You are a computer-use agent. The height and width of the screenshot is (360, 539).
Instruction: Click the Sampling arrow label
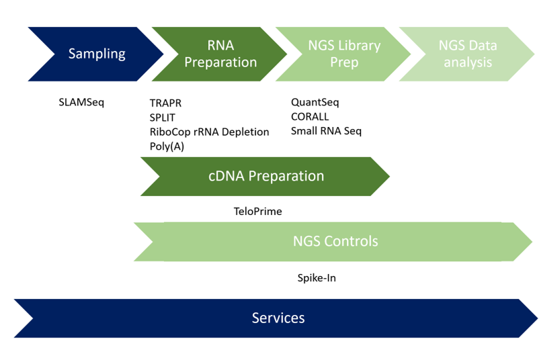(x=97, y=54)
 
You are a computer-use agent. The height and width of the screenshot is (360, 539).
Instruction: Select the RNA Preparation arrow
(x=220, y=54)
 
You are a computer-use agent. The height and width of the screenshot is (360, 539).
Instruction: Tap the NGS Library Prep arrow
(x=344, y=54)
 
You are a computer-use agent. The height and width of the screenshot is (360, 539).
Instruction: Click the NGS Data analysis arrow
(x=468, y=54)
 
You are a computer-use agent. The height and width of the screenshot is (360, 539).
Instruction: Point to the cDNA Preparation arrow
(x=265, y=176)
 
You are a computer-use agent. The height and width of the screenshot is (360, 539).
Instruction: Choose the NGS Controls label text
(x=335, y=241)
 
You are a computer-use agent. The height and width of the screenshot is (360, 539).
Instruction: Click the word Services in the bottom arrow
(x=278, y=318)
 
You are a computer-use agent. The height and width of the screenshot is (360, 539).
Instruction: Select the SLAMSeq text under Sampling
(x=81, y=103)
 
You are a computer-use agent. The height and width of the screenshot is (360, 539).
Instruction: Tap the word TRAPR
(x=165, y=103)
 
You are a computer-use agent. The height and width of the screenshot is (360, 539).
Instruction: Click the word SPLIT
(x=163, y=118)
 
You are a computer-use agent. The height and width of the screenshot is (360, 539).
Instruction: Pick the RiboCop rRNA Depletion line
(x=209, y=132)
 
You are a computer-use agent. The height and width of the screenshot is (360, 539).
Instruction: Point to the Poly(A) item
(x=167, y=146)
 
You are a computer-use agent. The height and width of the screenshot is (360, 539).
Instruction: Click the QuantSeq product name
(x=315, y=103)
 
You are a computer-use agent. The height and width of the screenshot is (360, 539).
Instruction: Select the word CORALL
(x=309, y=117)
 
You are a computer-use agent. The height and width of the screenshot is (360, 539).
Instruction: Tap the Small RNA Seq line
(x=326, y=131)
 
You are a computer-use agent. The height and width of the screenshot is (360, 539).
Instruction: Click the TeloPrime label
(x=257, y=212)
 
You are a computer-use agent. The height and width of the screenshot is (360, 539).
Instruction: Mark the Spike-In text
(x=317, y=277)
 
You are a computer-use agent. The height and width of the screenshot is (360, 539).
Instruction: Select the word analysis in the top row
(x=468, y=62)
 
